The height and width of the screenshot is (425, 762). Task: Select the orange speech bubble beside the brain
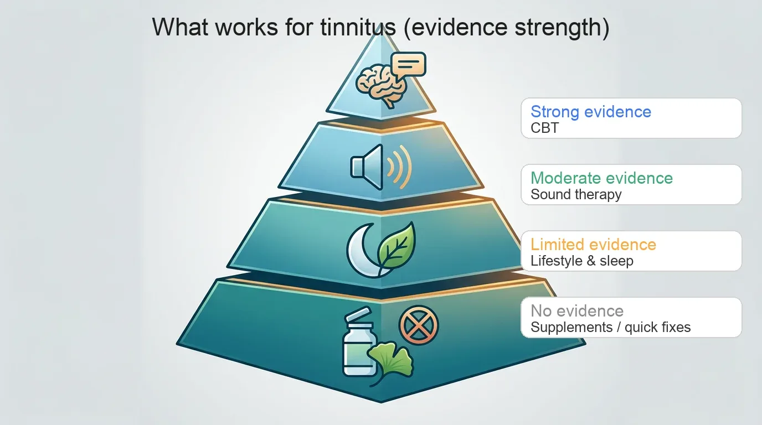408,65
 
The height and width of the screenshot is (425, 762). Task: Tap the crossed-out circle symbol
418,325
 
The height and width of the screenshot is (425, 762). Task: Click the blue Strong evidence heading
591,112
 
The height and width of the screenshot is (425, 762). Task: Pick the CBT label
545,128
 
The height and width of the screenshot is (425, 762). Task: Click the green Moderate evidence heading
601,178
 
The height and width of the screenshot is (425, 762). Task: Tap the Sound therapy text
576,194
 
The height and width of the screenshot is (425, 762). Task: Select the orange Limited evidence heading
593,245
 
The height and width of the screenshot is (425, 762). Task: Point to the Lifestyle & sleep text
581,261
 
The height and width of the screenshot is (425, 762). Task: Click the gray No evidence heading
577,311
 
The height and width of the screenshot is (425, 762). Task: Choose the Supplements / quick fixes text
610,327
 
